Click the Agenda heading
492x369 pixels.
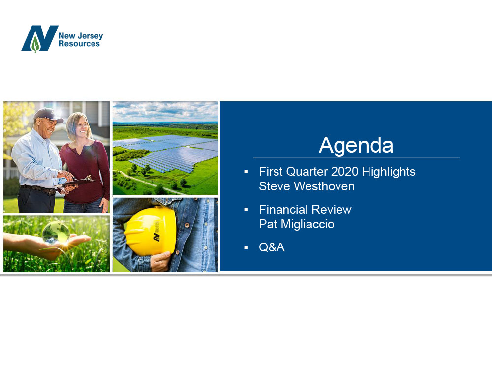[x=356, y=146]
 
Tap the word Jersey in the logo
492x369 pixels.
[x=90, y=36]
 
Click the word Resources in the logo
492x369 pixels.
[x=79, y=44]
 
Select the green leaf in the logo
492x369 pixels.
[x=36, y=44]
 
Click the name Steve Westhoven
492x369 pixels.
[x=307, y=186]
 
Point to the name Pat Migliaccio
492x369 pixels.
[x=297, y=224]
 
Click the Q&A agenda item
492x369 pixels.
[x=272, y=247]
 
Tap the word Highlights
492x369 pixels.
[x=389, y=172]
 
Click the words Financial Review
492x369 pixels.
[x=305, y=209]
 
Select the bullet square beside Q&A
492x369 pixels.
[x=246, y=247]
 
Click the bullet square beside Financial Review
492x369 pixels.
[x=246, y=209]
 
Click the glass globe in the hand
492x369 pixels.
[x=56, y=233]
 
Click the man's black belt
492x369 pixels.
[x=38, y=189]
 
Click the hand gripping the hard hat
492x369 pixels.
[x=160, y=261]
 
